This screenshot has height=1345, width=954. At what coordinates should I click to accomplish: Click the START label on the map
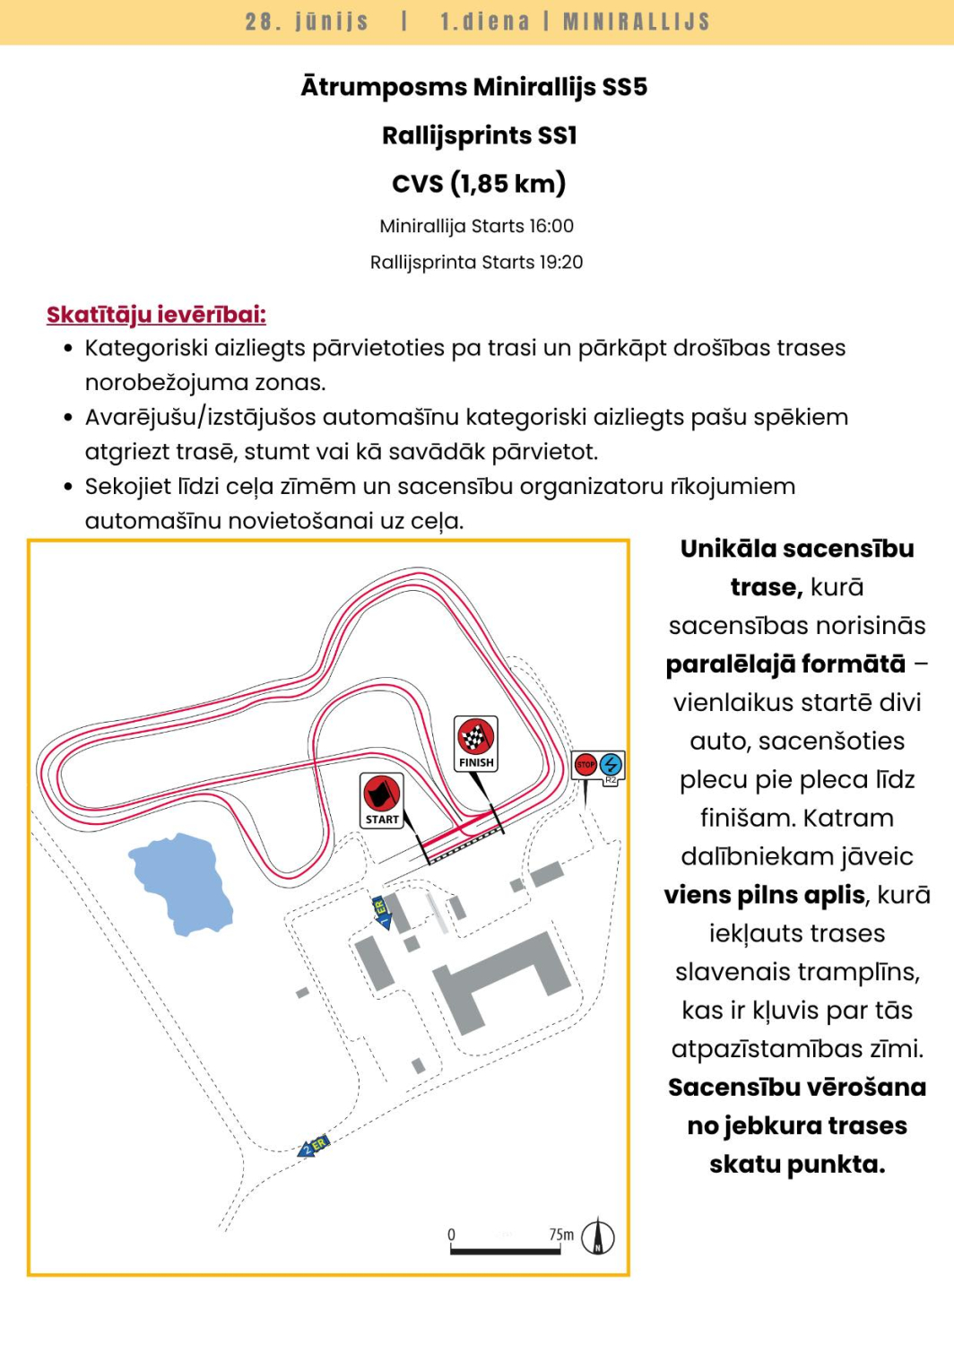pyautogui.click(x=382, y=819)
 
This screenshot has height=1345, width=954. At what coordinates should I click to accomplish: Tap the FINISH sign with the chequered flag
pyautogui.click(x=476, y=742)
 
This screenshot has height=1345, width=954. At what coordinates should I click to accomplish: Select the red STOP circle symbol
pyautogui.click(x=585, y=765)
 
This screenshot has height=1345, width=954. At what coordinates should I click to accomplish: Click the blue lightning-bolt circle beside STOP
pyautogui.click(x=611, y=764)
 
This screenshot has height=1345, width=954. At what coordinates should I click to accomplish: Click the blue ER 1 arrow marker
pyautogui.click(x=382, y=912)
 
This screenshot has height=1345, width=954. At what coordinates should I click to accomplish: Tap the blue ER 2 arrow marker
pyautogui.click(x=314, y=1147)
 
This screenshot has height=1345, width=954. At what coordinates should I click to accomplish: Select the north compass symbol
pyautogui.click(x=598, y=1237)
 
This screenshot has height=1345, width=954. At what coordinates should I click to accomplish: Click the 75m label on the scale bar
pyautogui.click(x=561, y=1235)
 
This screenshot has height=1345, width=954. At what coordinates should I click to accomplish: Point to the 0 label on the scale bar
pyautogui.click(x=451, y=1235)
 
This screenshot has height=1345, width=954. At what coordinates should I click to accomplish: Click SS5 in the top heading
pyautogui.click(x=624, y=87)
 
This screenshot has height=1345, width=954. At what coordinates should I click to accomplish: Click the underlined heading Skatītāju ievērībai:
pyautogui.click(x=156, y=315)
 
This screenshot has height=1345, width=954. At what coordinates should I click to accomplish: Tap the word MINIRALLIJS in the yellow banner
pyautogui.click(x=637, y=22)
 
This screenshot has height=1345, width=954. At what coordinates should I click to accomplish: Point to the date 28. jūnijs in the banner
pyautogui.click(x=307, y=22)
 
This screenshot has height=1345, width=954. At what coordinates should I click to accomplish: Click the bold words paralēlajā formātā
pyautogui.click(x=785, y=664)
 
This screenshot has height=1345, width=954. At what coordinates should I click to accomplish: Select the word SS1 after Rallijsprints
pyautogui.click(x=557, y=135)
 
